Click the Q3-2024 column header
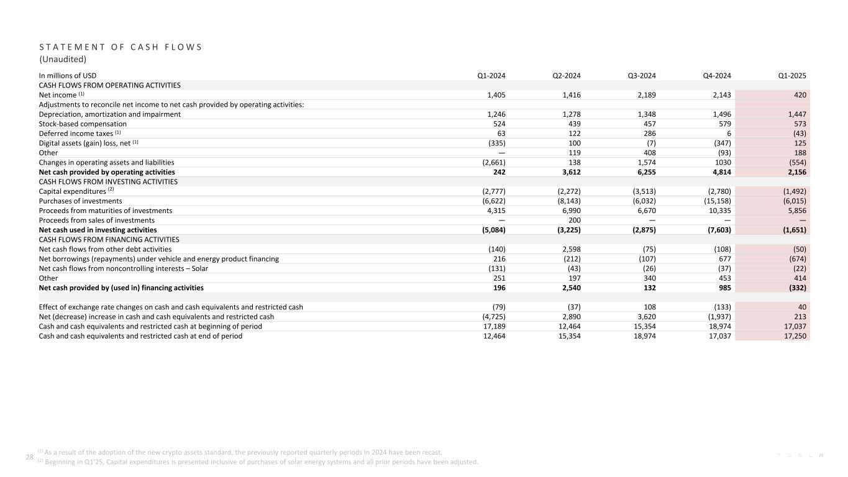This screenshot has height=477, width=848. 642,76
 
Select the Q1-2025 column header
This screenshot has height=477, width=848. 792,76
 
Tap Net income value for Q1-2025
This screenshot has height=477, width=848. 800,95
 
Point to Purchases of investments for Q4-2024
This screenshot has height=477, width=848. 714,201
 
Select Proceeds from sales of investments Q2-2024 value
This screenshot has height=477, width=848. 574,220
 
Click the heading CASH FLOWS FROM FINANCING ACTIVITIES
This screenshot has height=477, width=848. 109,240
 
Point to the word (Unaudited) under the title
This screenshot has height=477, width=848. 63,60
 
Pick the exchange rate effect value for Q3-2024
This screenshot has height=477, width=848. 648,307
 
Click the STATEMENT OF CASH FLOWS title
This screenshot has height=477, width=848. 121,47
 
